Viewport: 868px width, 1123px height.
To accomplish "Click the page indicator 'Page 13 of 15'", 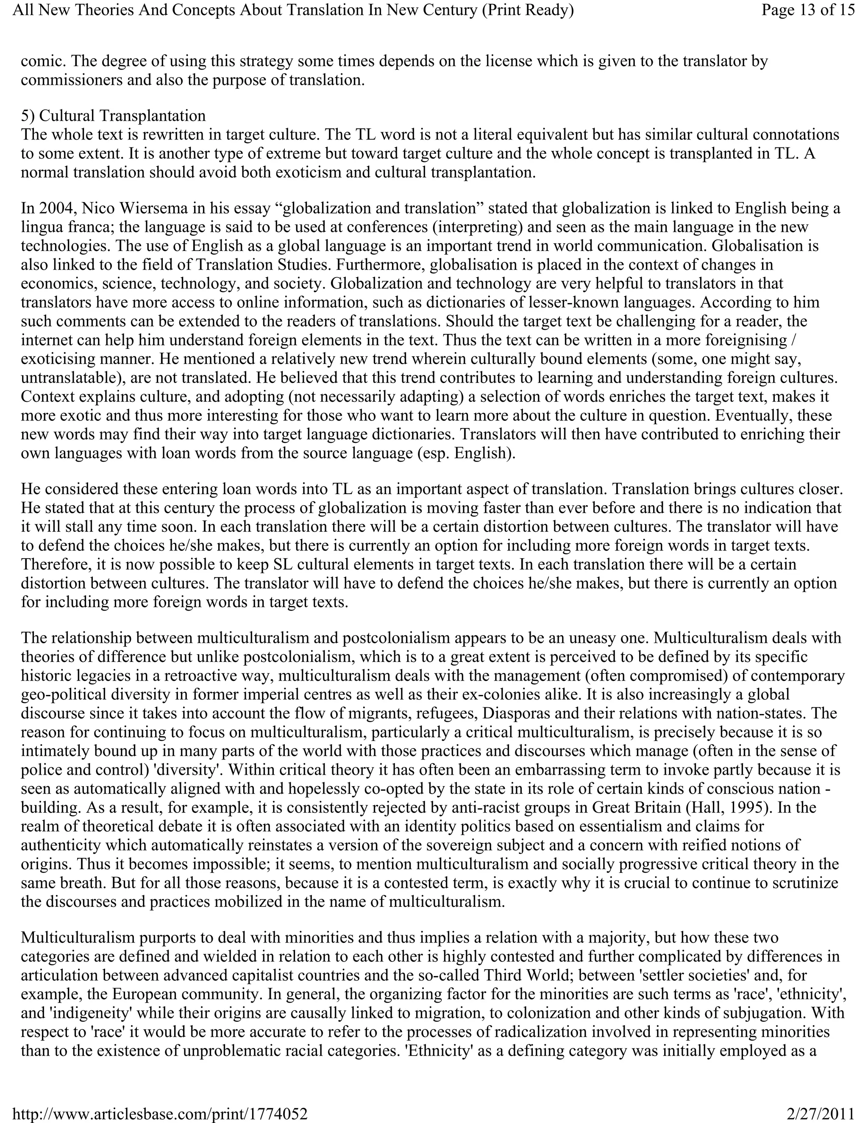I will click(808, 10).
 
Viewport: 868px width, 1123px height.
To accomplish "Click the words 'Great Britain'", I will click(637, 807).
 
